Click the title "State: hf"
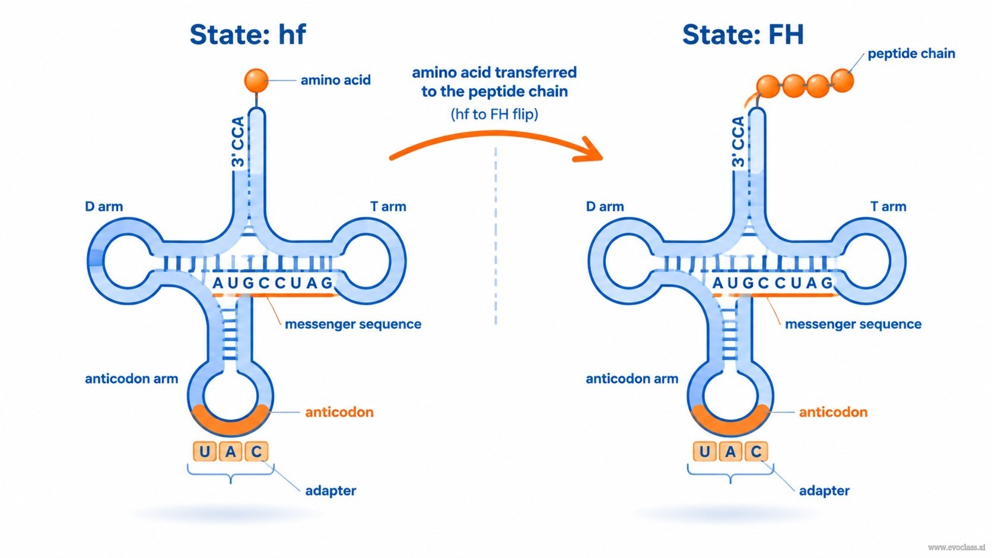[247, 34]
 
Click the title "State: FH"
[743, 34]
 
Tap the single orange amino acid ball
[256, 81]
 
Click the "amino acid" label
[335, 80]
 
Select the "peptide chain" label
[911, 53]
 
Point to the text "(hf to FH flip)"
[494, 115]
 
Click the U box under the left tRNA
[205, 452]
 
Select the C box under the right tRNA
[756, 452]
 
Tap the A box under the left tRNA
[230, 452]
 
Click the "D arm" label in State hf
[104, 207]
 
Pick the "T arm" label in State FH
[888, 207]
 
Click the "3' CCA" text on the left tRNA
[238, 142]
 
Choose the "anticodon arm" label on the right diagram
[631, 379]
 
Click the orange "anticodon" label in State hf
[339, 412]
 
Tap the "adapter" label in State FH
[824, 491]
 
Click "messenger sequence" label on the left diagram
[353, 324]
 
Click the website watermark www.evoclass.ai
[956, 548]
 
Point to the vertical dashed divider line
[495, 236]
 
